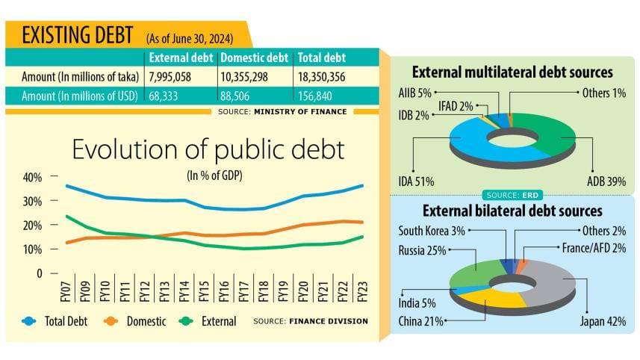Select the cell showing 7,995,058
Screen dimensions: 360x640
click(x=173, y=76)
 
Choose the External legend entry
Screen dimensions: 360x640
click(x=209, y=321)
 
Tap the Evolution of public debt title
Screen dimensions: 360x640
click(x=208, y=150)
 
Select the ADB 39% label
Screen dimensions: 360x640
click(x=606, y=181)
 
